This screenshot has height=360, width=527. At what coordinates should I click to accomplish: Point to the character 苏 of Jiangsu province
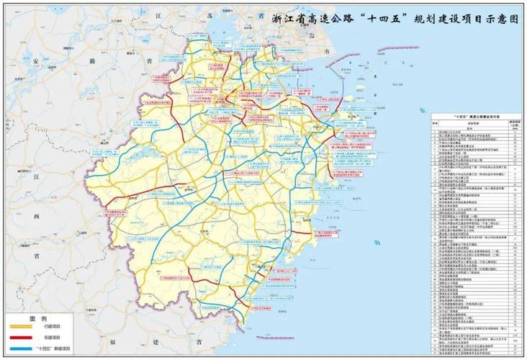[210, 14]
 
